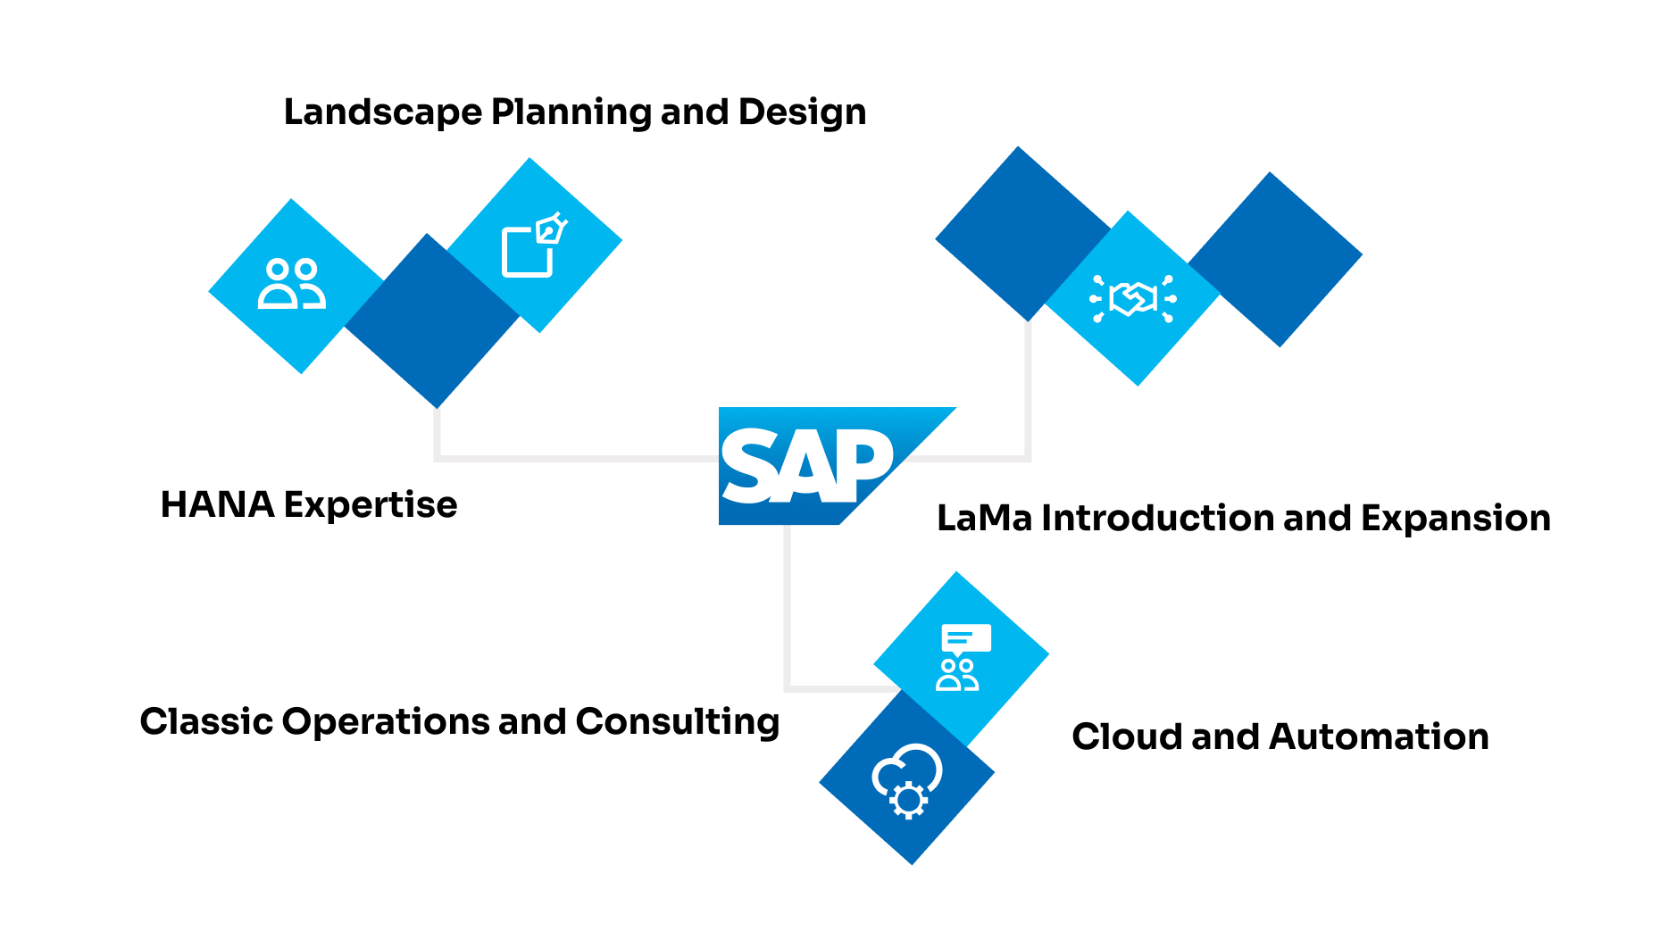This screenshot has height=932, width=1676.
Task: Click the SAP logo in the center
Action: [x=808, y=465]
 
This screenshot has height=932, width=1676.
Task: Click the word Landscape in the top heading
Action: [x=382, y=112]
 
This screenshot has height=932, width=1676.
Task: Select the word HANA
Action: [x=217, y=504]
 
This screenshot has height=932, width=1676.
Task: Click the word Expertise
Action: [x=371, y=505]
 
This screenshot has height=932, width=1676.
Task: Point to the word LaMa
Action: [x=983, y=519]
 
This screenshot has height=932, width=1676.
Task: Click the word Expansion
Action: [x=1455, y=519]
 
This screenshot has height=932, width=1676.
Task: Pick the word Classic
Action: [x=204, y=721]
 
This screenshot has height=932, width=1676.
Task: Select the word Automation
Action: [x=1379, y=736]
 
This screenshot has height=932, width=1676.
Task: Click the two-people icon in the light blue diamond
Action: [x=291, y=285]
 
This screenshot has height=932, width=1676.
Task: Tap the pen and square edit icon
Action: [x=534, y=245]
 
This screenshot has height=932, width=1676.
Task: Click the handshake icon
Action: [x=1133, y=298]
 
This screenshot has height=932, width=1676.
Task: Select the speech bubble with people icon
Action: [x=959, y=658]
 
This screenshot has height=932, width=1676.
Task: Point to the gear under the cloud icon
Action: [x=909, y=800]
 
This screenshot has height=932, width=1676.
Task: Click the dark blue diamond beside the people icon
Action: [x=432, y=320]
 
